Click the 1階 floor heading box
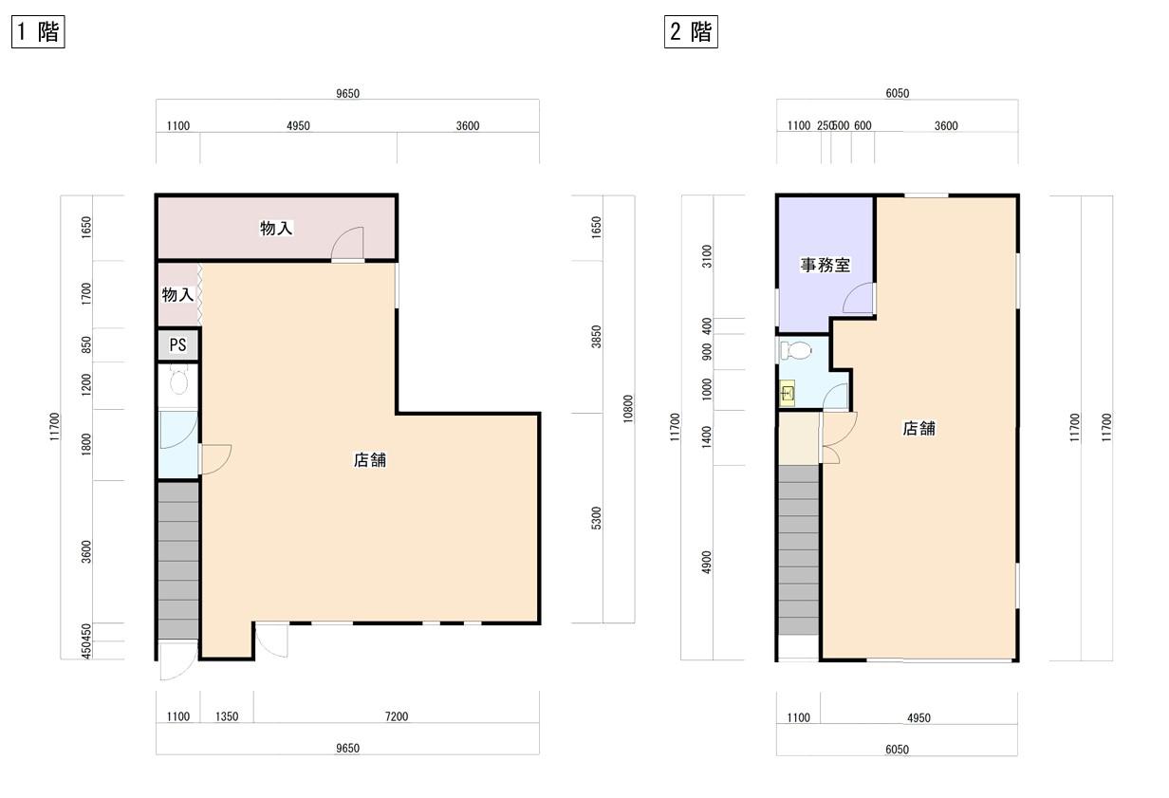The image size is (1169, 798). [38, 32]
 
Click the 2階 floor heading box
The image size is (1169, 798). [691, 32]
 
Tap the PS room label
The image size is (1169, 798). [178, 344]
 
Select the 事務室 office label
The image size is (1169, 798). [826, 265]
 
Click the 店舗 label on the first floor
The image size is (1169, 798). [370, 460]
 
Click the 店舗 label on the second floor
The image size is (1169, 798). [919, 429]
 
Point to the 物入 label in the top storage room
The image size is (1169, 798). [276, 228]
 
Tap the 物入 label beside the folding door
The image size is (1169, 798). [177, 295]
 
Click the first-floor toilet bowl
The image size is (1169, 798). [179, 380]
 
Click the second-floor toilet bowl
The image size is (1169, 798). [796, 350]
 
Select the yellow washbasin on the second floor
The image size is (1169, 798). [788, 393]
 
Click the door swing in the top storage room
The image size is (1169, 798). [347, 243]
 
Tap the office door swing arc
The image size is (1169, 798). [858, 298]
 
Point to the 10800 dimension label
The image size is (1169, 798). [628, 409]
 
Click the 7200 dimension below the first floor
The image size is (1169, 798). [397, 716]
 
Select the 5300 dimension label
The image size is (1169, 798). [596, 518]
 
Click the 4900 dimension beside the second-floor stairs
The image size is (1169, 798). [706, 562]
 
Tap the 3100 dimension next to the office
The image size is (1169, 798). [706, 256]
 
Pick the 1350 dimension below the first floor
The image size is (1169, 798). [227, 716]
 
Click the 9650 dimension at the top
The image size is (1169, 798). [347, 93]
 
